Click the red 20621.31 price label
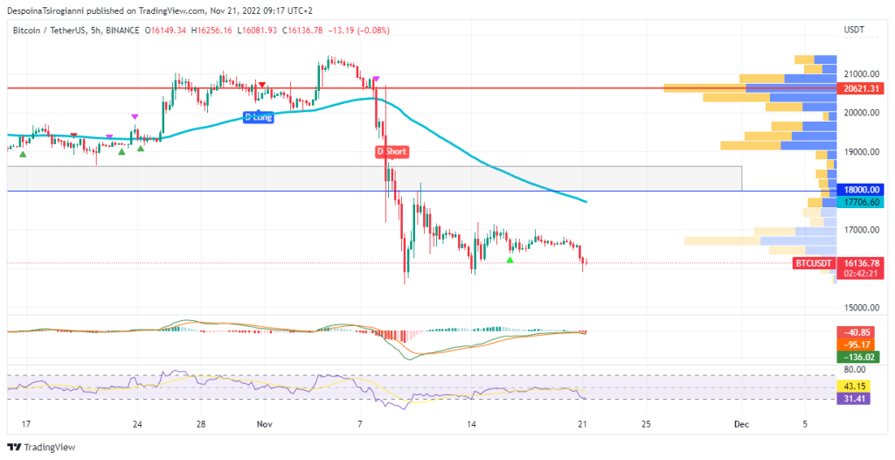click(x=860, y=88)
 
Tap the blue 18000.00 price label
click(x=860, y=190)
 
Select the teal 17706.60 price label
click(x=860, y=202)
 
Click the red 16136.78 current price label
click(x=860, y=262)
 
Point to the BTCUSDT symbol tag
click(x=812, y=262)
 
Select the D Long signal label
click(x=258, y=116)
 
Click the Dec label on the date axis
click(x=741, y=424)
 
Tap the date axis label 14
click(x=471, y=424)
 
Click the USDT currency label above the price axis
click(x=853, y=30)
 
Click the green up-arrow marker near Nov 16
click(x=510, y=260)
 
